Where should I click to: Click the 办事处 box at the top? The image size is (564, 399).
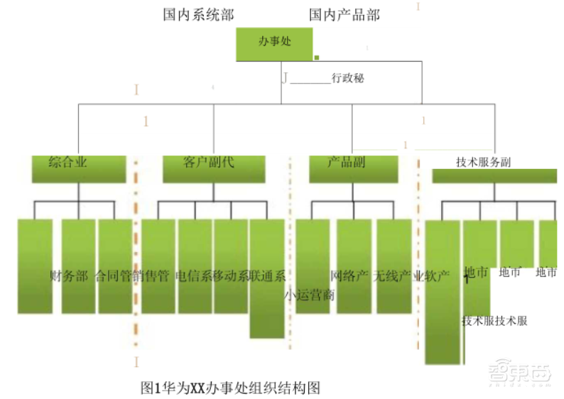tap(274, 44)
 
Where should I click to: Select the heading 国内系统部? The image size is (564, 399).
tap(198, 15)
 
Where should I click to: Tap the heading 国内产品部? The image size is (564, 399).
tap(345, 15)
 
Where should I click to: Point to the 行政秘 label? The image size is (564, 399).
tap(348, 79)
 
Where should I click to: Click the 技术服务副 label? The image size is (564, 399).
tap(483, 163)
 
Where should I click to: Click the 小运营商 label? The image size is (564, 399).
tap(310, 293)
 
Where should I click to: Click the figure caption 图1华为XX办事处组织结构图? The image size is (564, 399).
tap(232, 388)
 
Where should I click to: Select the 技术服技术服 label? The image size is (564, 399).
tap(494, 321)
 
